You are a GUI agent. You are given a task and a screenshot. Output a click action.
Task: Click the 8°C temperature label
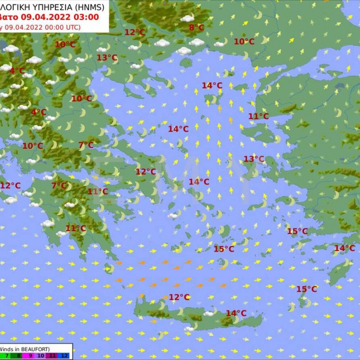tap(196, 28)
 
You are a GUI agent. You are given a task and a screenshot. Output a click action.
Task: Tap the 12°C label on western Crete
tap(179, 297)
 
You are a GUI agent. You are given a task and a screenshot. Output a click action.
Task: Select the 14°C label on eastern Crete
tap(236, 313)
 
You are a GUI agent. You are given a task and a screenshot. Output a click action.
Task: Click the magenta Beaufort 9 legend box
tap(28, 356)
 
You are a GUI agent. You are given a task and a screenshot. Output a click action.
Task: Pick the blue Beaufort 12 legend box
tap(65, 356)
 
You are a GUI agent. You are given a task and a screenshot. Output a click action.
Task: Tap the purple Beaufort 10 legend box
tap(40, 356)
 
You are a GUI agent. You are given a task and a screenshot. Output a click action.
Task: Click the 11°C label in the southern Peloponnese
tap(76, 228)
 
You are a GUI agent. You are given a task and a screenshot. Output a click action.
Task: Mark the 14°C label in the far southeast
tap(345, 248)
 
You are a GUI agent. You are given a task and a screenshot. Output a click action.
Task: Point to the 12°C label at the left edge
tap(10, 186)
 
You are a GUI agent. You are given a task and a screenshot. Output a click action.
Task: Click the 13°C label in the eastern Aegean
tap(254, 159)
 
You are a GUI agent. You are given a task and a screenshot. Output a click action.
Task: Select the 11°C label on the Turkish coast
tap(259, 116)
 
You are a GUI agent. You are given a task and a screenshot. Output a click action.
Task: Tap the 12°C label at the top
tap(134, 32)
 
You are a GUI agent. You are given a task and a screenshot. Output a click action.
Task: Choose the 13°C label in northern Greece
tap(107, 58)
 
